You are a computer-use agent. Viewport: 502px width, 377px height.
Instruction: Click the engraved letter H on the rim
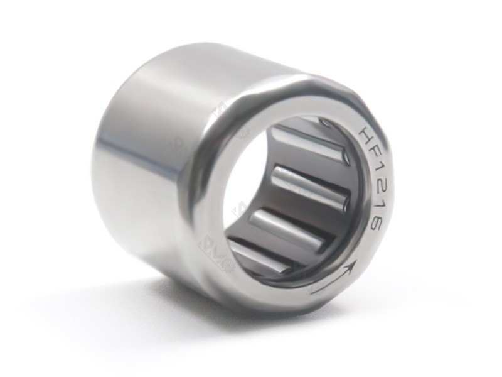[365, 136]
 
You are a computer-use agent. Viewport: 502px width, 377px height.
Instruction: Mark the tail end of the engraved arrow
[312, 290]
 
